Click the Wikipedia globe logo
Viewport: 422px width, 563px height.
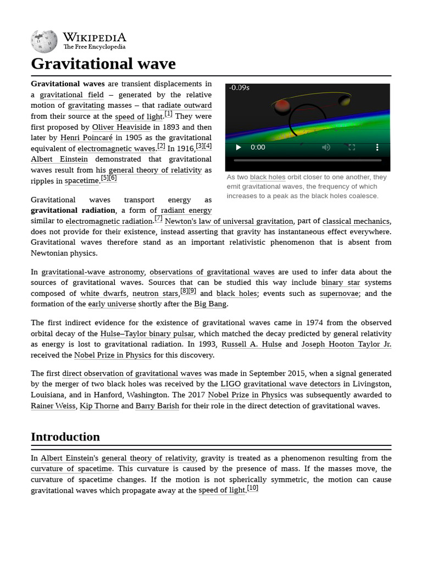coord(44,40)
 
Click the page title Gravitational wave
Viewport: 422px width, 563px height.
coord(103,64)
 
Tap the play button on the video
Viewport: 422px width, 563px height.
coord(238,147)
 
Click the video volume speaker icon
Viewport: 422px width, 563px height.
coord(326,147)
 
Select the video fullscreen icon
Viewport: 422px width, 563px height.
coord(352,147)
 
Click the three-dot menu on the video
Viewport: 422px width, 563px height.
coord(377,147)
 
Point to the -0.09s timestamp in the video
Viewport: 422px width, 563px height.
coord(240,88)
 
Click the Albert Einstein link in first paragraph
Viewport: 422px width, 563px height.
coord(59,159)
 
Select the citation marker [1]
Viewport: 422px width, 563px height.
coord(168,114)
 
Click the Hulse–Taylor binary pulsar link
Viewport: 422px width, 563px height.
coord(147,334)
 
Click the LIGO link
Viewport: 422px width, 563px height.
coord(230,384)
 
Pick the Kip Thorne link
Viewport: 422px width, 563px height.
coord(99,406)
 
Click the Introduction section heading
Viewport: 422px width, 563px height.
coord(65,437)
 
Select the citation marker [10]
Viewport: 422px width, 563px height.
coord(252,488)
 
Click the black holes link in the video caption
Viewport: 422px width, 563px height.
coord(268,178)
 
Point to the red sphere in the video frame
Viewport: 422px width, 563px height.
coord(282,106)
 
